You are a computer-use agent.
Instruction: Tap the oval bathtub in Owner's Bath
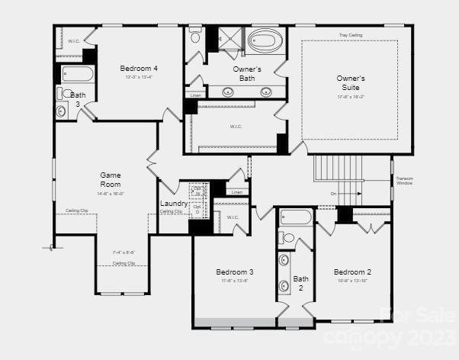click(265, 40)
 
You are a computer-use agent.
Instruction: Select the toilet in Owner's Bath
click(196, 36)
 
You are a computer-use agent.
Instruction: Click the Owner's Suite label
click(351, 83)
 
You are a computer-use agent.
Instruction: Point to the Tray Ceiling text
click(351, 35)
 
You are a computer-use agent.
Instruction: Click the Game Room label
click(111, 179)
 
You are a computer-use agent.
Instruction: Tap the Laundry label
click(174, 204)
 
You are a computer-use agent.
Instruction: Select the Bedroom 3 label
click(235, 272)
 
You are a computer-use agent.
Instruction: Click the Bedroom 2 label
click(352, 272)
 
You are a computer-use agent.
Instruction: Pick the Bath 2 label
click(300, 283)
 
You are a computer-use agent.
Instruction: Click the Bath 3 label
click(78, 99)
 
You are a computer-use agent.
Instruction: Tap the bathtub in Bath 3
click(78, 75)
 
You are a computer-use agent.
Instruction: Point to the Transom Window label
click(404, 181)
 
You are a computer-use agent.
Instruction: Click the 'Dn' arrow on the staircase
click(334, 194)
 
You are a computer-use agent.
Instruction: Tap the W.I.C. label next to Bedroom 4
click(74, 40)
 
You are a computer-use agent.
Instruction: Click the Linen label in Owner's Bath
click(195, 95)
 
